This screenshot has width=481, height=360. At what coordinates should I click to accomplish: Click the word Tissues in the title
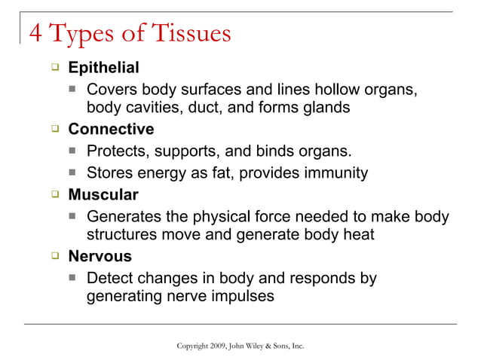click(188, 35)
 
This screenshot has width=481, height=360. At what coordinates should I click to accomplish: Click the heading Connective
click(111, 130)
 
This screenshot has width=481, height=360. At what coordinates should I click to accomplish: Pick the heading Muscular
click(103, 196)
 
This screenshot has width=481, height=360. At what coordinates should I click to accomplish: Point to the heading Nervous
click(100, 256)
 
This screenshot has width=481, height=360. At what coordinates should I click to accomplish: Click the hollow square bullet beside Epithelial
click(55, 68)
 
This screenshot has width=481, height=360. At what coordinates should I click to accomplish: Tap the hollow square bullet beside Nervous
click(55, 255)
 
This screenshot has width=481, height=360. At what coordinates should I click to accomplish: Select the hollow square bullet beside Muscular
click(55, 195)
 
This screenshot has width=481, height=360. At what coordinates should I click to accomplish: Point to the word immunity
click(335, 174)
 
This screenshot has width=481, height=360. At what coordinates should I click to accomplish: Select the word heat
click(358, 234)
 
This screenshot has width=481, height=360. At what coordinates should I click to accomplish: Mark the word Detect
click(110, 278)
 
